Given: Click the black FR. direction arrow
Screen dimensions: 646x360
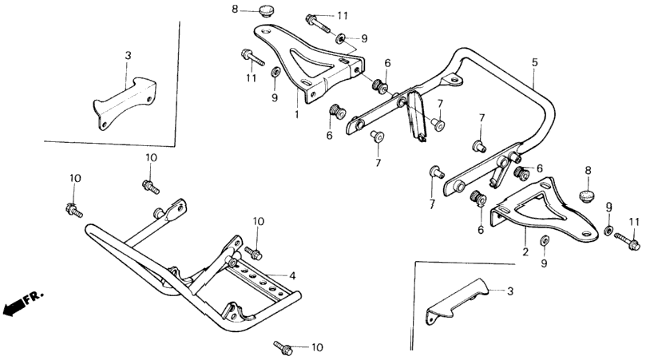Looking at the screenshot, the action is pos(14,307).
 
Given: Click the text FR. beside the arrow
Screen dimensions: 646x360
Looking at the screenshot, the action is pos(34,298).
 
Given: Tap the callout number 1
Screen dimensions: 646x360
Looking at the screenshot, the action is pos(296,114).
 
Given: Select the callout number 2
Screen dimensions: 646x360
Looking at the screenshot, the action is pos(525,251).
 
